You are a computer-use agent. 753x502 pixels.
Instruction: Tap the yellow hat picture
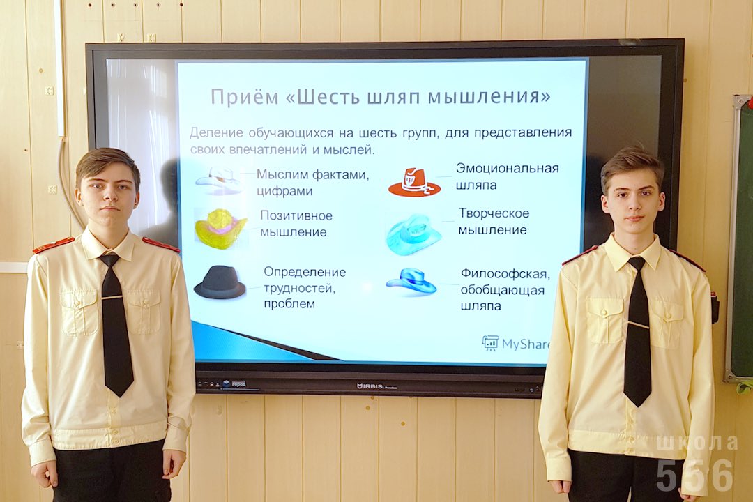tap(220, 229)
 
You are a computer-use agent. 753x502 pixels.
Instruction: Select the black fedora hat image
tap(220, 282)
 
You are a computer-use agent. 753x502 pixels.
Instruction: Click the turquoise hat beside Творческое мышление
tap(413, 234)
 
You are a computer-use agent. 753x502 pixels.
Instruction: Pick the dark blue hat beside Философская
tap(411, 282)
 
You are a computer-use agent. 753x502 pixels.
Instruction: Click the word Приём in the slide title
tap(245, 96)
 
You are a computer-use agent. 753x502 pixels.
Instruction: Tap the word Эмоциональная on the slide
tap(507, 168)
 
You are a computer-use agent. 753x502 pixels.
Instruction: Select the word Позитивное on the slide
tap(296, 215)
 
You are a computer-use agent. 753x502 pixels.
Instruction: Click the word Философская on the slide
tap(505, 274)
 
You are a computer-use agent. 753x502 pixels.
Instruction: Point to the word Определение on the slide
tap(305, 273)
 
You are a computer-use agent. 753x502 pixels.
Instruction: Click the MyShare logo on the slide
tap(515, 344)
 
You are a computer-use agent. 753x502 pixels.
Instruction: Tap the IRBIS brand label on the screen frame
tap(377, 386)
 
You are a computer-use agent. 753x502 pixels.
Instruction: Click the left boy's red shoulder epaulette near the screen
tap(161, 245)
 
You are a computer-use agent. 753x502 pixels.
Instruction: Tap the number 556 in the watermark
tap(694, 475)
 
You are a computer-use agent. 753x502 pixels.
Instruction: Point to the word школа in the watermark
tap(697, 443)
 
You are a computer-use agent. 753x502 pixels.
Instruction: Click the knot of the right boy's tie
tap(637, 264)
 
